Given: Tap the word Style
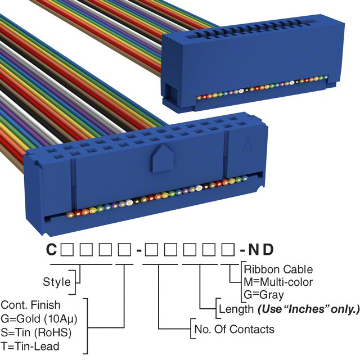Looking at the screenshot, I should point(57,281).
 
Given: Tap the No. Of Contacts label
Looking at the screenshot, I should point(233,329).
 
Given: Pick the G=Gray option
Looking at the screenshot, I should point(263,294).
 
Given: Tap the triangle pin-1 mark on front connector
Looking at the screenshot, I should point(246,146).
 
